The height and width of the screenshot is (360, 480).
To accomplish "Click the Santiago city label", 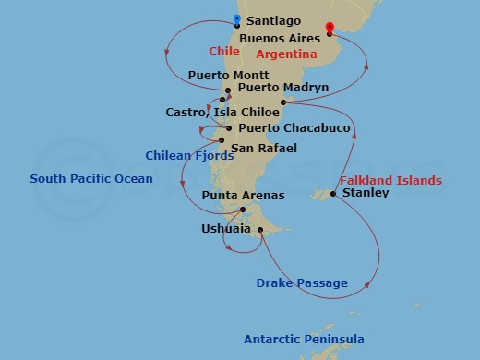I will tap(276, 20).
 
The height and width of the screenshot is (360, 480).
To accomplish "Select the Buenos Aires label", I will tap(280, 39).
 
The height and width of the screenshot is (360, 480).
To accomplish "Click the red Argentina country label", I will tap(286, 55).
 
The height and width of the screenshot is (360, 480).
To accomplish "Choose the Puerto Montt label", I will tap(228, 75).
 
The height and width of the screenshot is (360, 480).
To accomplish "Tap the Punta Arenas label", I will tap(244, 196).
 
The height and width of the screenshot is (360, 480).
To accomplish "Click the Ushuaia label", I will tap(225, 228).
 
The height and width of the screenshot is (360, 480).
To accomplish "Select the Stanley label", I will tap(366, 194).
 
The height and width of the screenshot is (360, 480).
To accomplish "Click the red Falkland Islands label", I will tap(390, 180).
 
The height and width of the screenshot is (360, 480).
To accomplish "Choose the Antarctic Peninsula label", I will tap(304, 340).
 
